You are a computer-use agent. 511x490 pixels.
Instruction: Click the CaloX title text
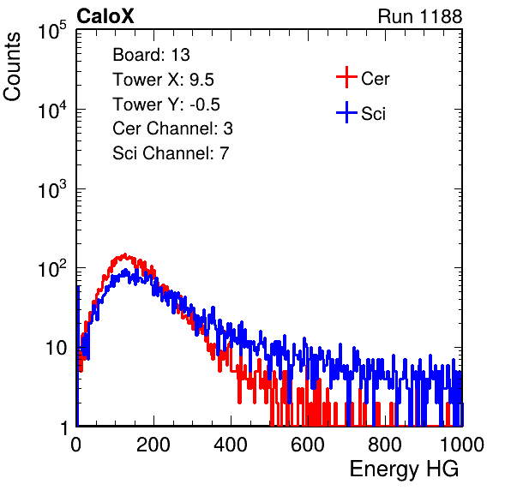pyautogui.click(x=105, y=16)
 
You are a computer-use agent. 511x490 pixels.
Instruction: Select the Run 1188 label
pyautogui.click(x=420, y=16)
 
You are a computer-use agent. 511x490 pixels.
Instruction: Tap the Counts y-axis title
pyautogui.click(x=12, y=67)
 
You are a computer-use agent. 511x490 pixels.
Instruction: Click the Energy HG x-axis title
pyautogui.click(x=404, y=469)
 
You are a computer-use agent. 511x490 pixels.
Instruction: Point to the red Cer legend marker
pyautogui.click(x=346, y=77)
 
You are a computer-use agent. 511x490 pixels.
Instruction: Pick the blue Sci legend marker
pyautogui.click(x=346, y=112)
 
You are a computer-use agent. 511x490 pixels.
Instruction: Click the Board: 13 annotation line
pyautogui.click(x=151, y=55)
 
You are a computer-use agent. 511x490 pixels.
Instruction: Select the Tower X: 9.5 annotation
pyautogui.click(x=163, y=80)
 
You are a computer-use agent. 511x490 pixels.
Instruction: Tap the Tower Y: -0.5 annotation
pyautogui.click(x=166, y=105)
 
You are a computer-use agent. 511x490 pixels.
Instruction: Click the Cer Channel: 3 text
pyautogui.click(x=172, y=128)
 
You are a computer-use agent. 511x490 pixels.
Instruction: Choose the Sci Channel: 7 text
pyautogui.click(x=171, y=153)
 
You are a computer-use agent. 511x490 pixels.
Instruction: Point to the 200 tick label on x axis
pyautogui.click(x=153, y=445)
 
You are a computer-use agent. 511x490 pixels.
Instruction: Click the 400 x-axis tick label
pyautogui.click(x=231, y=445)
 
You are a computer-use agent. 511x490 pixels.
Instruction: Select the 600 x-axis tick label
pyautogui.click(x=308, y=445)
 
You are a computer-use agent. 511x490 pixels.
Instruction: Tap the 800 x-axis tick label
pyautogui.click(x=385, y=445)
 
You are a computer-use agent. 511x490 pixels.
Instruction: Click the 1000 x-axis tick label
pyautogui.click(x=462, y=445)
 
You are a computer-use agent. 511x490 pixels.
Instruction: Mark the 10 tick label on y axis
pyautogui.click(x=56, y=349)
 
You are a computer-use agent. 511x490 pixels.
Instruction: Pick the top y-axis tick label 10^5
pyautogui.click(x=52, y=31)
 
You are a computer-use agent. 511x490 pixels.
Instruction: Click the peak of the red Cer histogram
pyautogui.click(x=124, y=254)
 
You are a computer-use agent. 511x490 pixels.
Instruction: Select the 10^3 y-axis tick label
pyautogui.click(x=52, y=189)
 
